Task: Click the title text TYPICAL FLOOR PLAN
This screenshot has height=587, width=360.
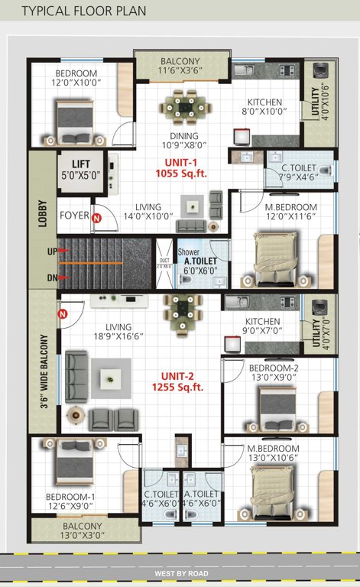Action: coord(84,11)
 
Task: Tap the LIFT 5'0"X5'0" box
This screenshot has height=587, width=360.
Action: coord(81,169)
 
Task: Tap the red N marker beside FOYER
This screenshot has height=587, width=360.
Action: coord(96,219)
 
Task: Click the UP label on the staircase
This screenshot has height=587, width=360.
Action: coord(51,251)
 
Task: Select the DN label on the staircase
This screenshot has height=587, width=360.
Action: coord(51,277)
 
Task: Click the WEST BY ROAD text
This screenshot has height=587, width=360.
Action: coord(180,572)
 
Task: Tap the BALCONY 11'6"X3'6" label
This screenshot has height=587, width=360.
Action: coord(180,66)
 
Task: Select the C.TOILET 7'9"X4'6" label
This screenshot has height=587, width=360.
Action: coord(299,174)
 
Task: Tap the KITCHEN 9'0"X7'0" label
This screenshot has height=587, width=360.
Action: coord(262,326)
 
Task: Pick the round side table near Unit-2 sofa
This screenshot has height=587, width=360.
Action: coord(76,416)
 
